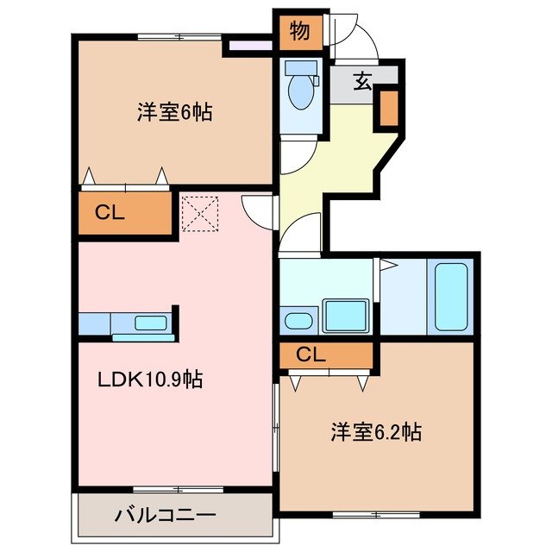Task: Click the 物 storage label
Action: (299, 32)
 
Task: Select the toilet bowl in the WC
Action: (301, 92)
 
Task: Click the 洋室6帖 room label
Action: (174, 111)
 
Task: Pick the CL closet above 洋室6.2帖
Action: (311, 353)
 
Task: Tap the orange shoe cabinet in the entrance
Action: (387, 108)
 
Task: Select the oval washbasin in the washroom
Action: (298, 321)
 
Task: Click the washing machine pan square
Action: (346, 315)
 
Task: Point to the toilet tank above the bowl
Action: (301, 67)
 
